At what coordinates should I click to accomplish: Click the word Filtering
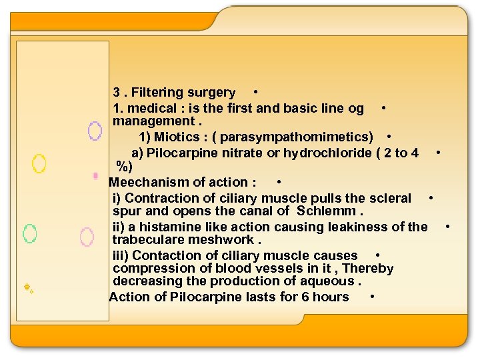tap(157, 93)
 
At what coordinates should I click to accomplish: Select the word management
tap(153, 121)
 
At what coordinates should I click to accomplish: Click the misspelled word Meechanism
tap(148, 182)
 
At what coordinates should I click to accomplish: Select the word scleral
tap(389, 198)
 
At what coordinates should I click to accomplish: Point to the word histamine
tap(177, 227)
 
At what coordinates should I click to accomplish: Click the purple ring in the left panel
tap(95, 131)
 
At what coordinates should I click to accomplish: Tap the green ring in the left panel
tap(29, 233)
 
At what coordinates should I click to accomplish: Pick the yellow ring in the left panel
tap(39, 163)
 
